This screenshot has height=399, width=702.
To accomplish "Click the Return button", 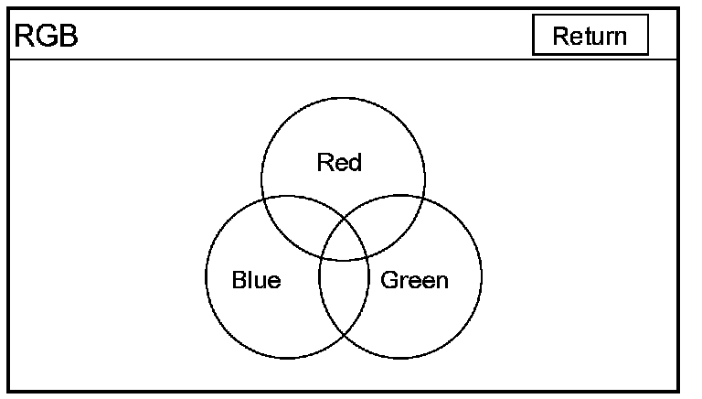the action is pos(590,36).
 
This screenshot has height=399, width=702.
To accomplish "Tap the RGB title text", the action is pos(45,37).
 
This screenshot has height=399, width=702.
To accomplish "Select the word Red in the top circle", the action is pos(339,163).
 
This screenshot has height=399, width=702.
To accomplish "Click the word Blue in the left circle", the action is pos(256,280).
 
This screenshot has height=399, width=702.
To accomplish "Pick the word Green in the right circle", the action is pos(414,280).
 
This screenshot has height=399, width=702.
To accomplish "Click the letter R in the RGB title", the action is pos(22,37).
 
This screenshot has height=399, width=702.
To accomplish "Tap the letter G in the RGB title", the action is pos(44,37).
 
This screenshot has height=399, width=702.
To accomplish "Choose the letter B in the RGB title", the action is pos(68,37).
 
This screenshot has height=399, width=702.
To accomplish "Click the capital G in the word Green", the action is pos(388,280).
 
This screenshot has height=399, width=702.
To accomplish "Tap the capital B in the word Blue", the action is pos(239,280).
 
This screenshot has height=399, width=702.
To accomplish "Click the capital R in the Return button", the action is pos(560,36).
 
